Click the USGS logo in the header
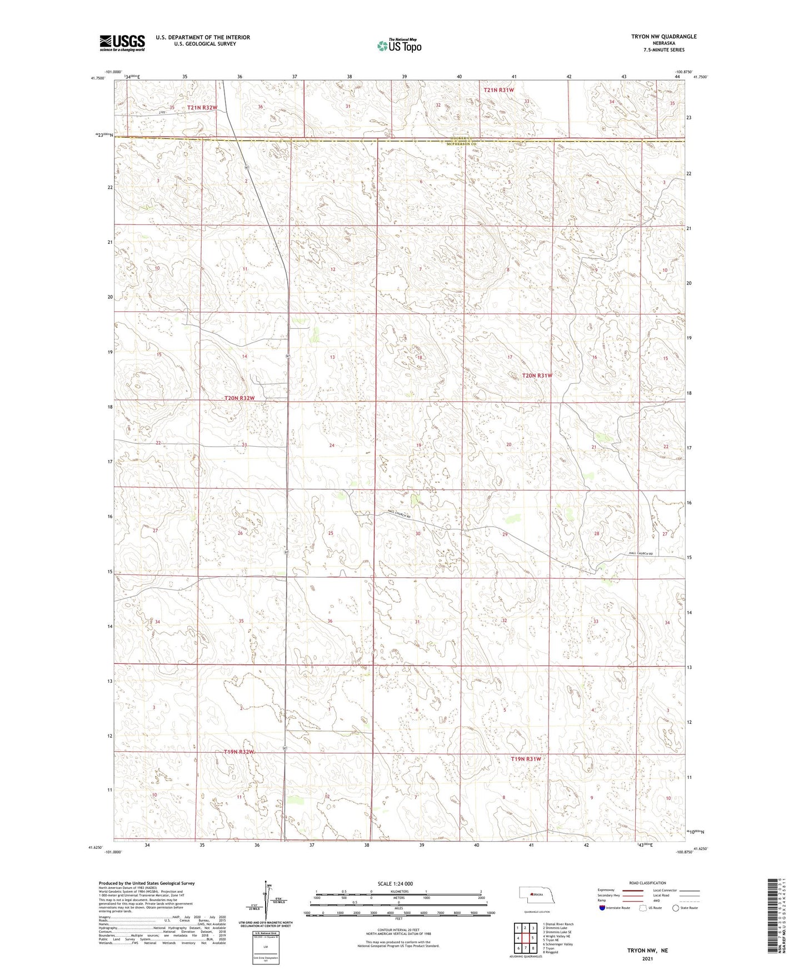coord(122,42)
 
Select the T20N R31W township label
coord(537,376)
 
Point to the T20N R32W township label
coord(240,398)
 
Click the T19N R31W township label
coord(526,759)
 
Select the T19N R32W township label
coord(239,752)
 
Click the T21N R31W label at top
coord(498,89)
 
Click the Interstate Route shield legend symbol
coord(602,908)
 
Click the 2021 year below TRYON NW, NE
coord(647,958)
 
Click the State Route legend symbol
coord(676,908)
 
